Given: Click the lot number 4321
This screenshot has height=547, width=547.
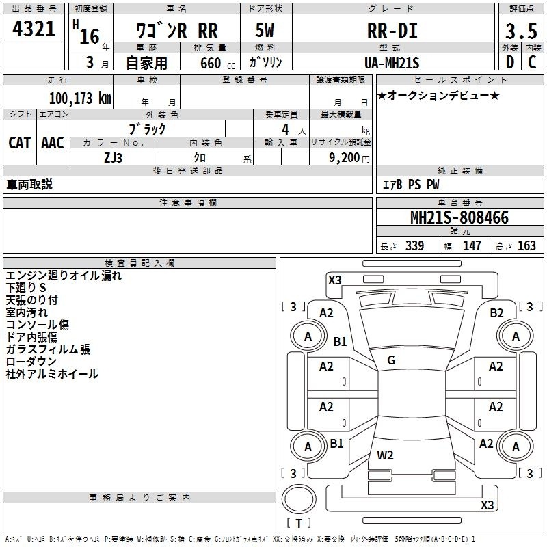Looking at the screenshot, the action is [x=34, y=29].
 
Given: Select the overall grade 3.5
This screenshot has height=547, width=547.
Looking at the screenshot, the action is [x=521, y=31].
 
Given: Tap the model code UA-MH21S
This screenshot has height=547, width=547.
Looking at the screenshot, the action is [x=392, y=63].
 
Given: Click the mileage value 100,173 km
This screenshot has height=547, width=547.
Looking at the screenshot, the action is [x=80, y=98].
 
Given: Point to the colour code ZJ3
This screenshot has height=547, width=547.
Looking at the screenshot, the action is [x=113, y=158].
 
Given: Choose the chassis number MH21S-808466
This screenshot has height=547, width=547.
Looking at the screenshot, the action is [x=459, y=217].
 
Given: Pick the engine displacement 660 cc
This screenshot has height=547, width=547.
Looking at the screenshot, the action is [x=217, y=63].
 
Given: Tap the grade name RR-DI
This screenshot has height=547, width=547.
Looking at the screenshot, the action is [x=392, y=30].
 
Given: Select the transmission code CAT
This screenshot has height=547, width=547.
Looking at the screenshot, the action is [x=20, y=143].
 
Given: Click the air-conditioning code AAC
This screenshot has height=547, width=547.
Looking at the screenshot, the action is [x=53, y=143].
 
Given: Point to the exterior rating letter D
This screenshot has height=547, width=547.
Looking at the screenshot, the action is [x=510, y=62].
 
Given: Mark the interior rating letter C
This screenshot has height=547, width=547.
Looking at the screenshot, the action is [x=532, y=62].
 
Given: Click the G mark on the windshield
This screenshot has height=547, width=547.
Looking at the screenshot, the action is [x=391, y=360].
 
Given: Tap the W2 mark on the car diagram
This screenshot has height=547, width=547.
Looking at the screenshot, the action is [x=385, y=455].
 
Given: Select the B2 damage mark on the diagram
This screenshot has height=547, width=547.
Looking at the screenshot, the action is [x=497, y=313].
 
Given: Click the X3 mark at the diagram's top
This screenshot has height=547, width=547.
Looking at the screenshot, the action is [x=335, y=280].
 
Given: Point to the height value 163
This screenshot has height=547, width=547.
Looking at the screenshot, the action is [x=526, y=245].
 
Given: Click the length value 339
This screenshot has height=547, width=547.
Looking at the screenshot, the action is [x=415, y=245].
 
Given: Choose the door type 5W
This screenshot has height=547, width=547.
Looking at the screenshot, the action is [x=265, y=30].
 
